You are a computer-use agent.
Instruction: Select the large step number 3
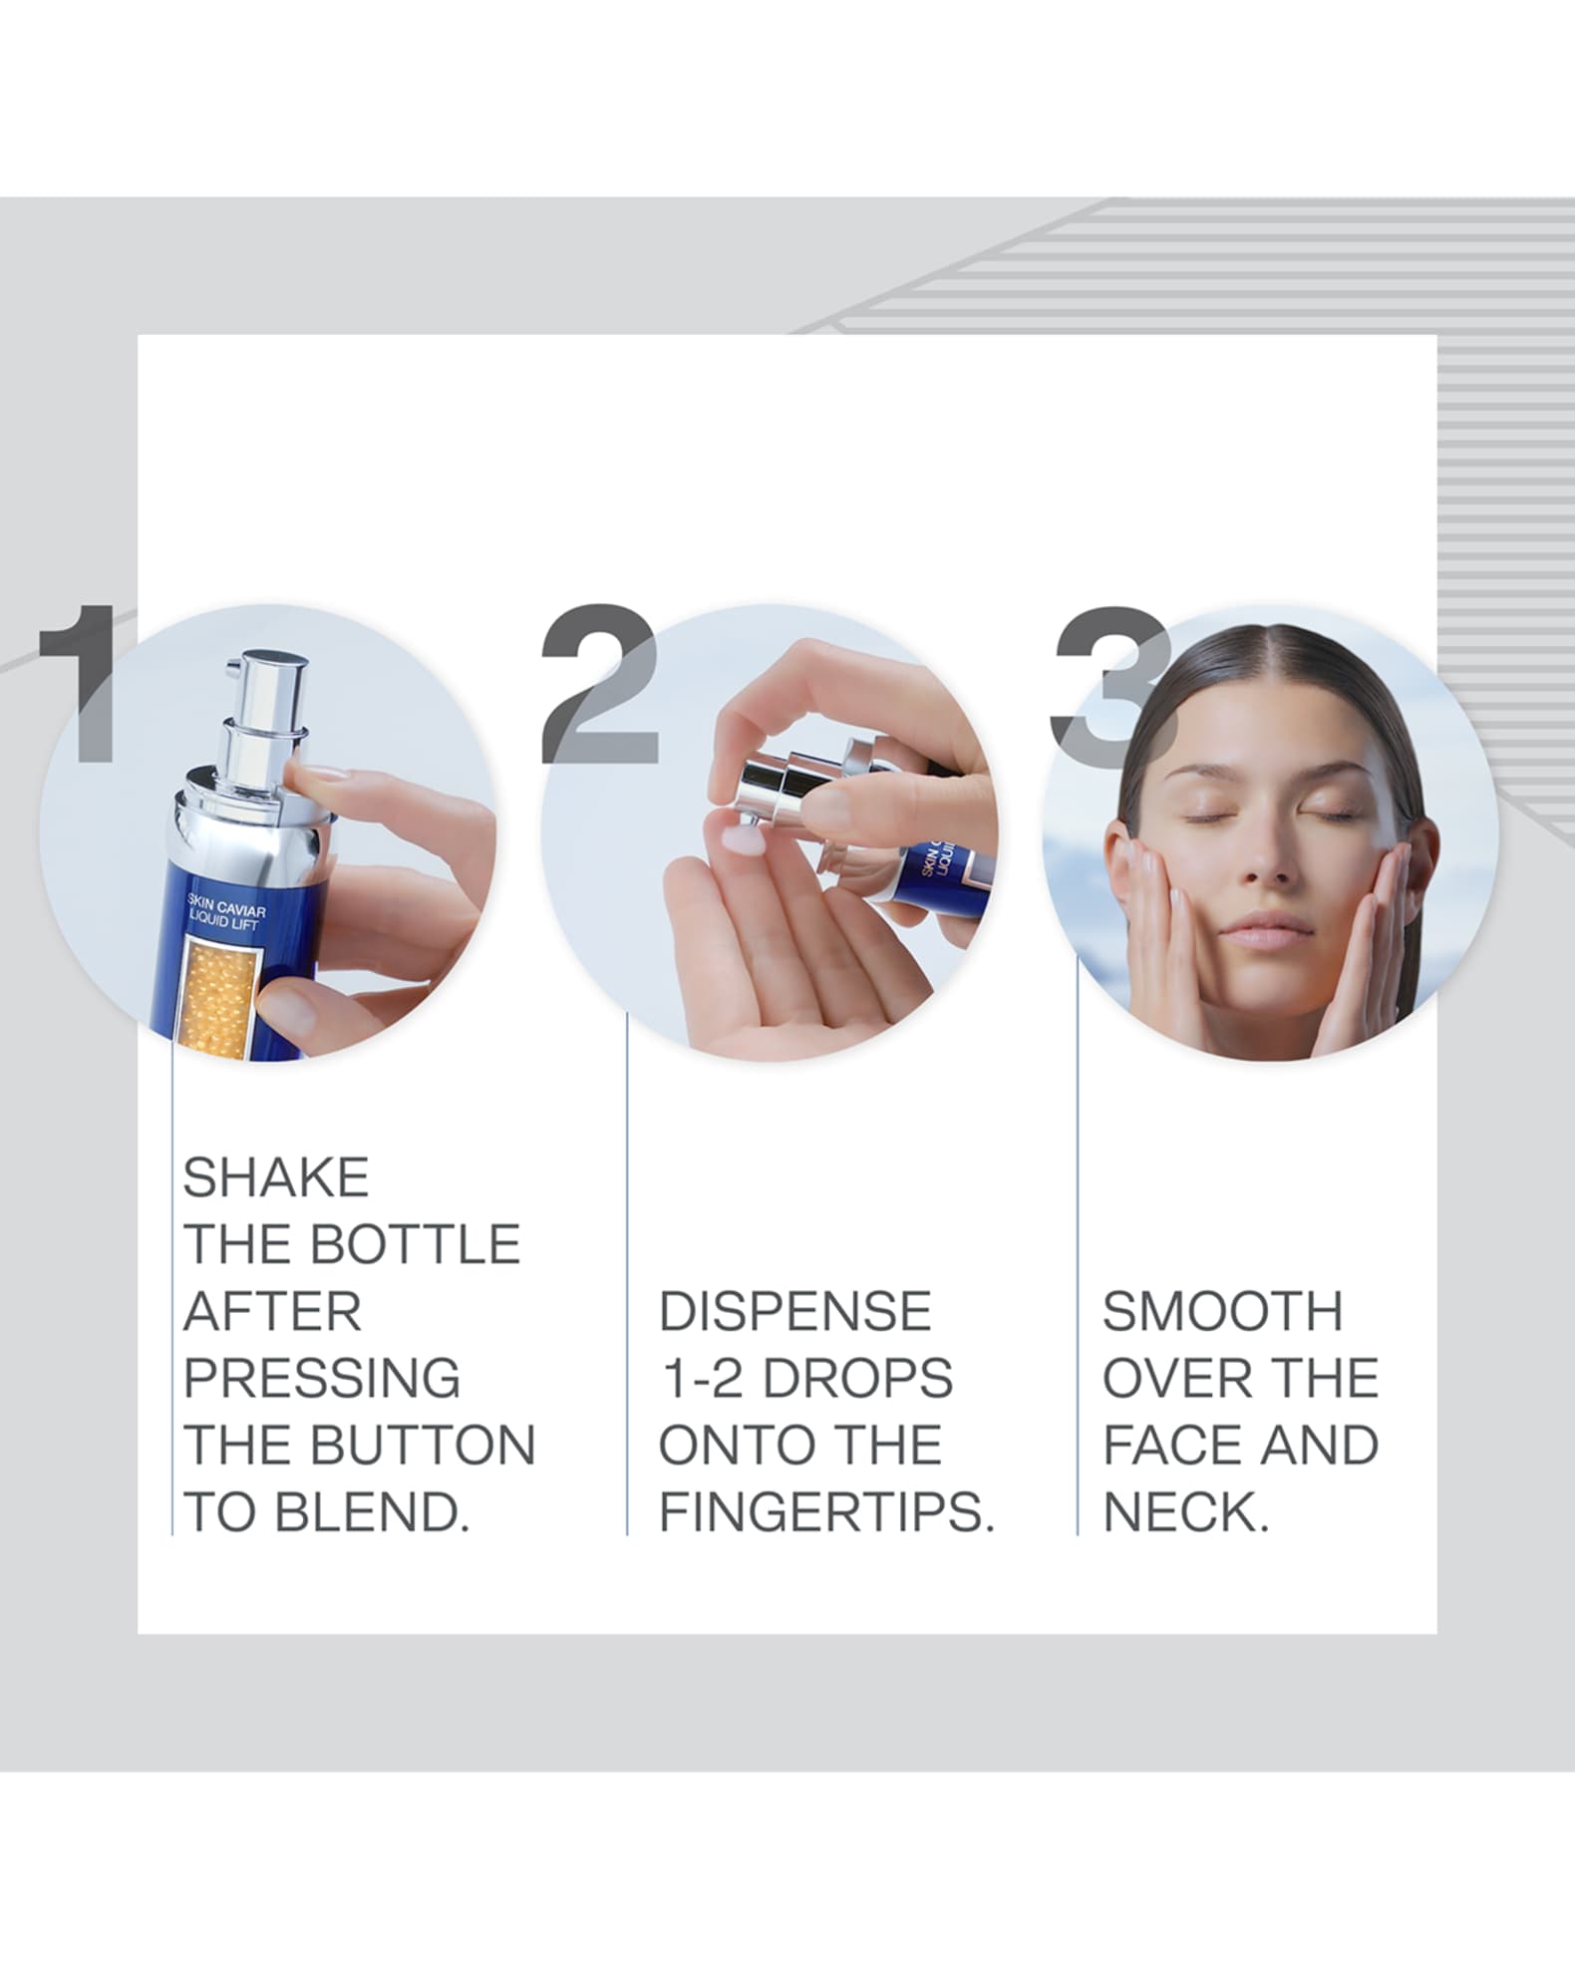pos(1106,688)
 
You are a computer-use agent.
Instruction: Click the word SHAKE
pos(275,1177)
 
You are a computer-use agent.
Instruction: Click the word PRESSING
pos(321,1379)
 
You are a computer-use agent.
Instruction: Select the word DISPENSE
pos(794,1312)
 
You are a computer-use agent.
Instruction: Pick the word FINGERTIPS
pos(826,1513)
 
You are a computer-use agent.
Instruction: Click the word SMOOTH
pos(1222,1312)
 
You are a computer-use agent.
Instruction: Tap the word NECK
pos(1184,1513)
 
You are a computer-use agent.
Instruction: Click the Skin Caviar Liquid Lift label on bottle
pos(225,912)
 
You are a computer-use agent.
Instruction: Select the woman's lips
pos(1266,929)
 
